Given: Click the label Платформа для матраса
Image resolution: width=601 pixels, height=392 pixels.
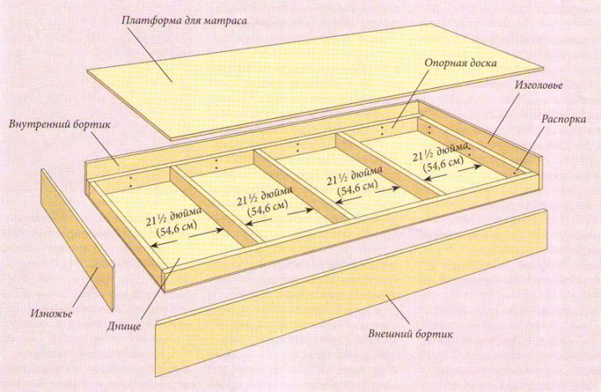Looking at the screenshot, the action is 184,20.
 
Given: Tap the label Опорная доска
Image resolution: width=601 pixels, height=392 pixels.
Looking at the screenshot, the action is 460,63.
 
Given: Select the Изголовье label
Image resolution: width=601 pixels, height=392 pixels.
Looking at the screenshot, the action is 538,85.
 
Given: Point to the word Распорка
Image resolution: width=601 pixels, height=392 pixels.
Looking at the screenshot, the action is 563,119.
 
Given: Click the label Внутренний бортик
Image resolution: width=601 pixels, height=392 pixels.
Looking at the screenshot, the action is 59,125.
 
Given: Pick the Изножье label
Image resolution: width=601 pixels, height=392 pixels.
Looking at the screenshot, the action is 51,314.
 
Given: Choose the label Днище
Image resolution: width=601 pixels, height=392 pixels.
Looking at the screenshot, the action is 123,327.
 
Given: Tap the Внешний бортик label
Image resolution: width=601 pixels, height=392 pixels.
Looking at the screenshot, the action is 410,334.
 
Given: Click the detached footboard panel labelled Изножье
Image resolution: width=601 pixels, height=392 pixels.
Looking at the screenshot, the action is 77,240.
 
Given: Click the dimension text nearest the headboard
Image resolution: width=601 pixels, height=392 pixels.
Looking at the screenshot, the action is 441,158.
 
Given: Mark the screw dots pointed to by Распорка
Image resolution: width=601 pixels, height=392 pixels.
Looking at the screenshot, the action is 515,172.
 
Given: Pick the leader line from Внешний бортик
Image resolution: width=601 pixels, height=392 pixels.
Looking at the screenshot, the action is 403,310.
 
